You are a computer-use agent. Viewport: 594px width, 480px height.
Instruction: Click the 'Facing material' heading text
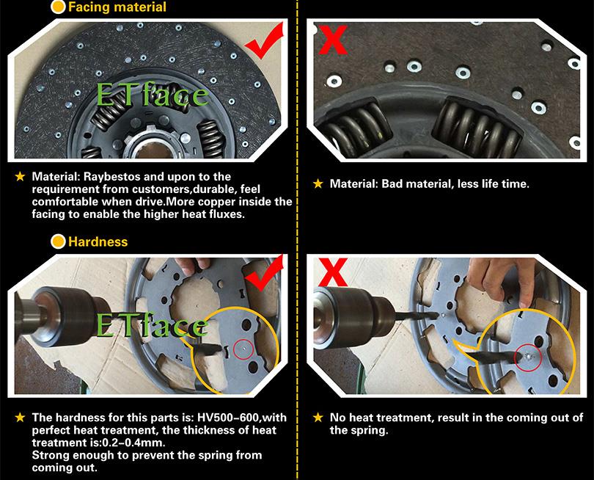coord(117,7)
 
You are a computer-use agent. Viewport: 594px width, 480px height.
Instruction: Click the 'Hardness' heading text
coord(98,242)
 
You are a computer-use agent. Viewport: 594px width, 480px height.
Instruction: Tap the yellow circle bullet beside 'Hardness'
coord(58,241)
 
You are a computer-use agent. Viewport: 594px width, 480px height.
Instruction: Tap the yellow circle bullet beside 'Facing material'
coord(58,7)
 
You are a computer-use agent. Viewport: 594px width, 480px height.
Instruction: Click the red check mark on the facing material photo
coord(265,41)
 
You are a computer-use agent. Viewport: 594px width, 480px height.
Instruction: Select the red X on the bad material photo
coord(333,40)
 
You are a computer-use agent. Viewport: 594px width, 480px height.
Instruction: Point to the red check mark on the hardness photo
coord(265,273)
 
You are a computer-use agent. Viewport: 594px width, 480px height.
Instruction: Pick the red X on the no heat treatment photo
coord(333,272)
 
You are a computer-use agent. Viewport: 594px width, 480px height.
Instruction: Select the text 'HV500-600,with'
coord(242,418)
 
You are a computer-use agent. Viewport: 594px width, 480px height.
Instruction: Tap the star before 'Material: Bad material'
coord(318,184)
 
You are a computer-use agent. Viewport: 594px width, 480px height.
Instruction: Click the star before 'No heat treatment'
coord(318,418)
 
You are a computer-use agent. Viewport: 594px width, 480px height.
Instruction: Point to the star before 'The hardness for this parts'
coord(20,418)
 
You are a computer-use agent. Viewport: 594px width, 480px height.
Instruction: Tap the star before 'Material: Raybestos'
coord(20,176)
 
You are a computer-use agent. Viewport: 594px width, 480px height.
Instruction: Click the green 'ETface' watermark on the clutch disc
coord(153,95)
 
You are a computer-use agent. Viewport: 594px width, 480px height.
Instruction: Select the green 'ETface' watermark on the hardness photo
coord(153,325)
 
